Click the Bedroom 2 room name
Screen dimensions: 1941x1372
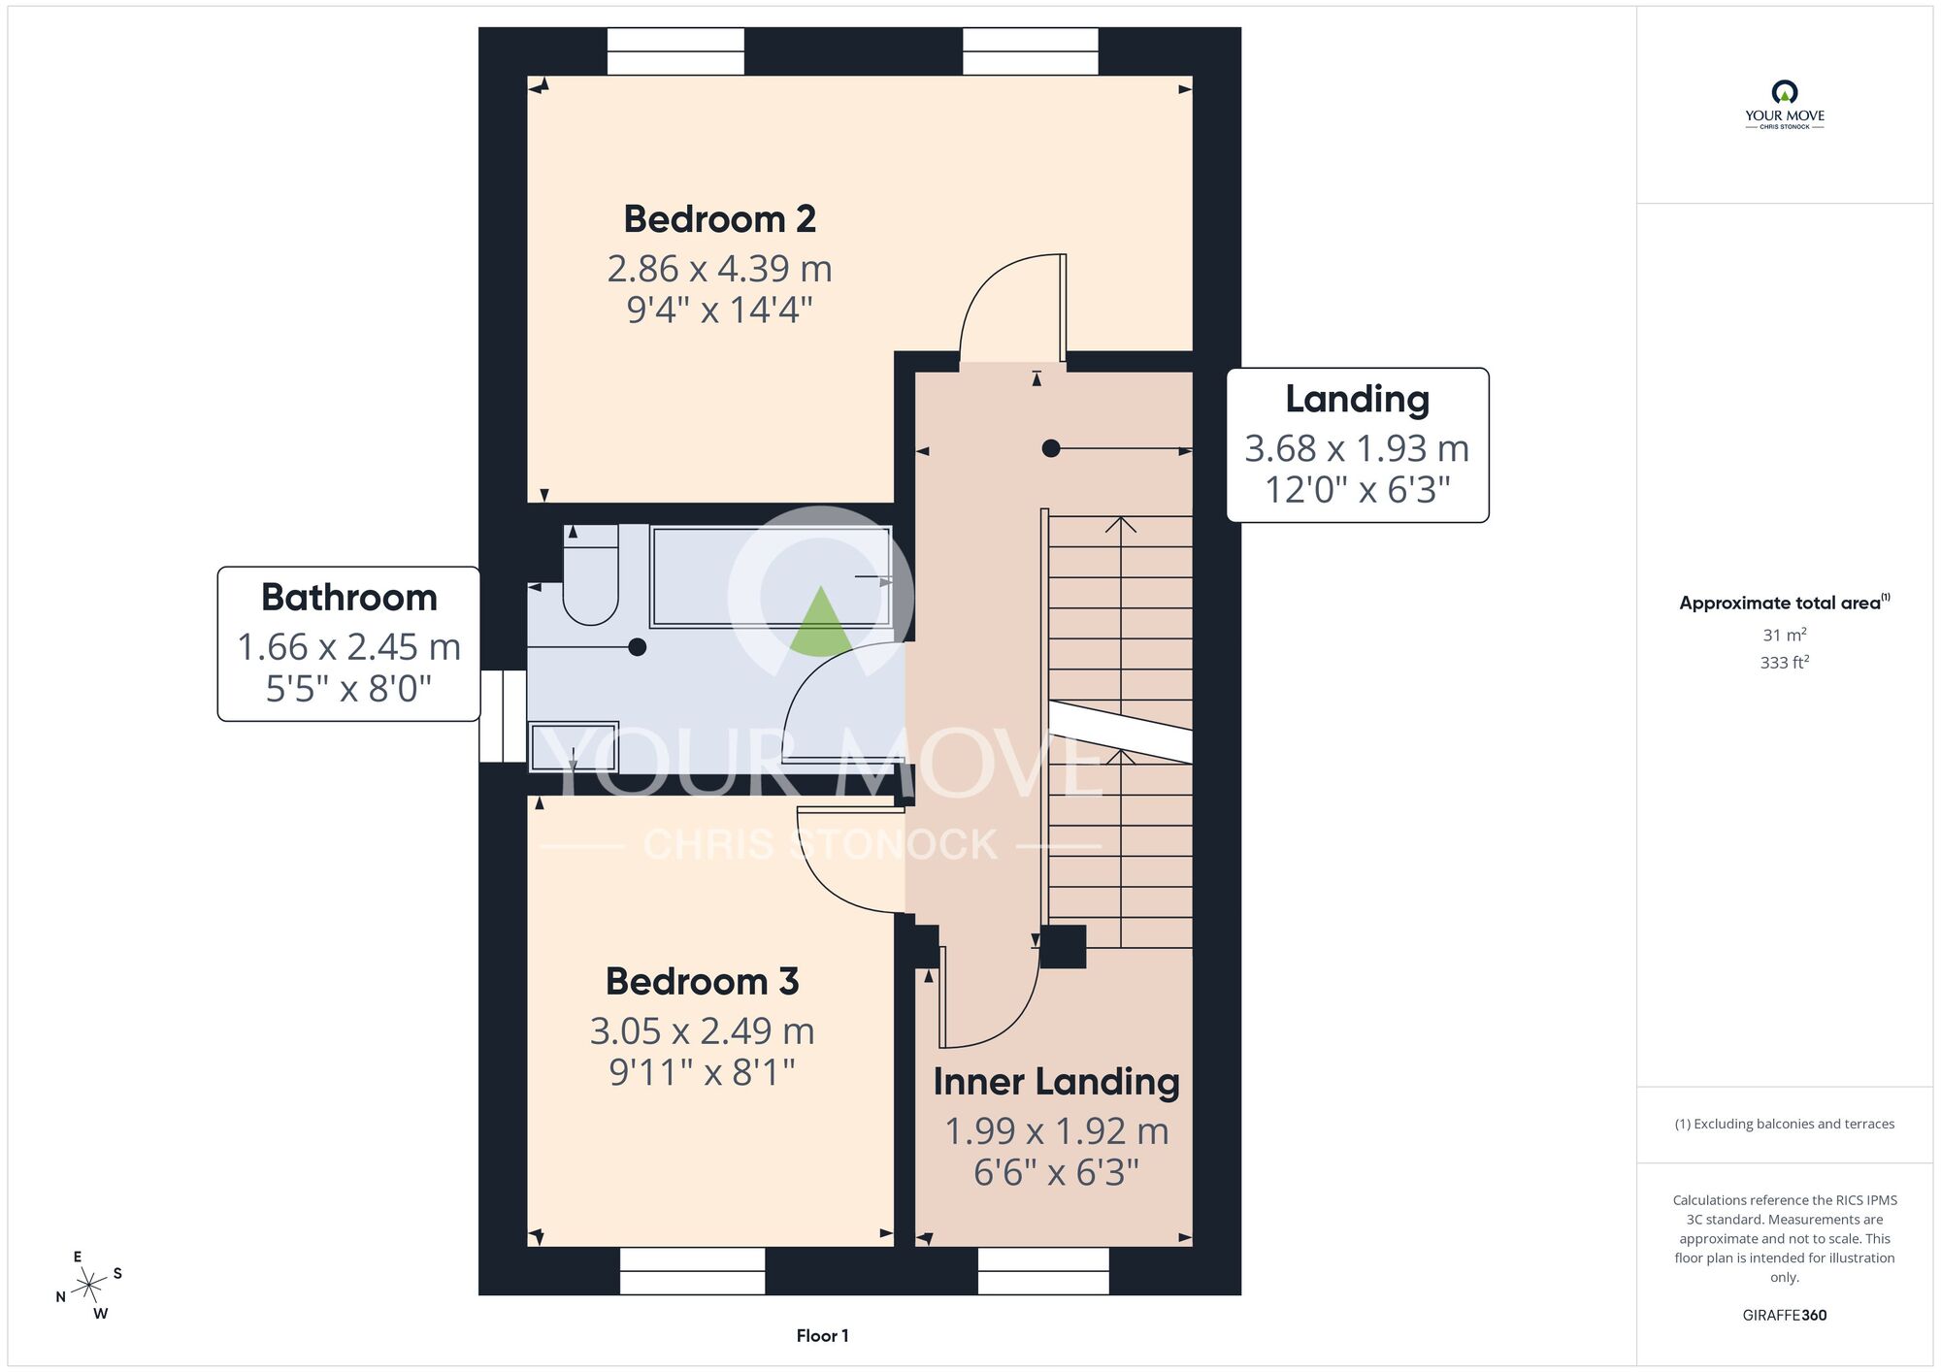(x=719, y=219)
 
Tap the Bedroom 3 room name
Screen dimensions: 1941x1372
(x=702, y=982)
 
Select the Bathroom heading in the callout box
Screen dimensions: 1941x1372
(x=349, y=598)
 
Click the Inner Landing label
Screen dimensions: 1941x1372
(x=1056, y=1082)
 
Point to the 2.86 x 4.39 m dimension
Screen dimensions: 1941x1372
(x=719, y=269)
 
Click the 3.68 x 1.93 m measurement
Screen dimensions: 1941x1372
(x=1357, y=448)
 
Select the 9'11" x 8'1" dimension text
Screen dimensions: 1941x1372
(x=702, y=1072)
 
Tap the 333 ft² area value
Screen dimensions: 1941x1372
(x=1785, y=663)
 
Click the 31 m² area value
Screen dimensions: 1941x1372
(x=1785, y=636)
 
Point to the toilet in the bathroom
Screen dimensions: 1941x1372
(x=591, y=574)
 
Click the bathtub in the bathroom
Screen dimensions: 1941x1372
(x=771, y=576)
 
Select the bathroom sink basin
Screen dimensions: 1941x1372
(x=574, y=747)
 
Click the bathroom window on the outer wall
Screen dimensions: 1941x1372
(x=503, y=716)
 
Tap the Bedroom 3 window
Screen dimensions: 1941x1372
(x=692, y=1271)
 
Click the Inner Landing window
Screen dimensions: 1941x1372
(x=1043, y=1271)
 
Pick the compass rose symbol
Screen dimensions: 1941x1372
(x=90, y=1286)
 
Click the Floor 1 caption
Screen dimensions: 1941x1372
(x=822, y=1336)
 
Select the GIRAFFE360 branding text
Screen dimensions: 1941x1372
(x=1785, y=1316)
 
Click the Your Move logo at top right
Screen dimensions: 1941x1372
(x=1785, y=105)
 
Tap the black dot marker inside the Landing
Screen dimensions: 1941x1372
(x=1051, y=448)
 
